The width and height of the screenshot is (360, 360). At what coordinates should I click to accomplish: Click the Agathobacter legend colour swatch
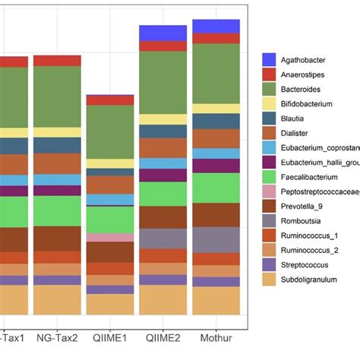coord(269,58)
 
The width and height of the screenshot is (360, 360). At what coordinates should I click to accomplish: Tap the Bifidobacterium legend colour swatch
coord(269,103)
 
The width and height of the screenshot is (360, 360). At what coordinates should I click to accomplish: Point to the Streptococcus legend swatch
coord(269,264)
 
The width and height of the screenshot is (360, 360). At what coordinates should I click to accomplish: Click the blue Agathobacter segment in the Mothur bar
coord(216,27)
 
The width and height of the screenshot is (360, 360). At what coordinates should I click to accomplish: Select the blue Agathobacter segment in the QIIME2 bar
coord(163,33)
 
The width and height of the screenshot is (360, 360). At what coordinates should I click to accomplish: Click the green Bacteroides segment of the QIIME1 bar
coord(110,131)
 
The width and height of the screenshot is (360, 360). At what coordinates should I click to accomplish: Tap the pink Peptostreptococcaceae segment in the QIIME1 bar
coord(110,237)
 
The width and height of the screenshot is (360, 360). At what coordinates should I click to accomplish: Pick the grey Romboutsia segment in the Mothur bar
coord(216,239)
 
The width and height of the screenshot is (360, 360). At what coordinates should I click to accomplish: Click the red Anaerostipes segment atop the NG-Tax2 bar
coord(58,61)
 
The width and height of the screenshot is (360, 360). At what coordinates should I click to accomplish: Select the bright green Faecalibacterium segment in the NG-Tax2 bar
coord(58,210)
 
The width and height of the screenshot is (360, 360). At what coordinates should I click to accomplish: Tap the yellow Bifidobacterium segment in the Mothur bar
coord(216,109)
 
